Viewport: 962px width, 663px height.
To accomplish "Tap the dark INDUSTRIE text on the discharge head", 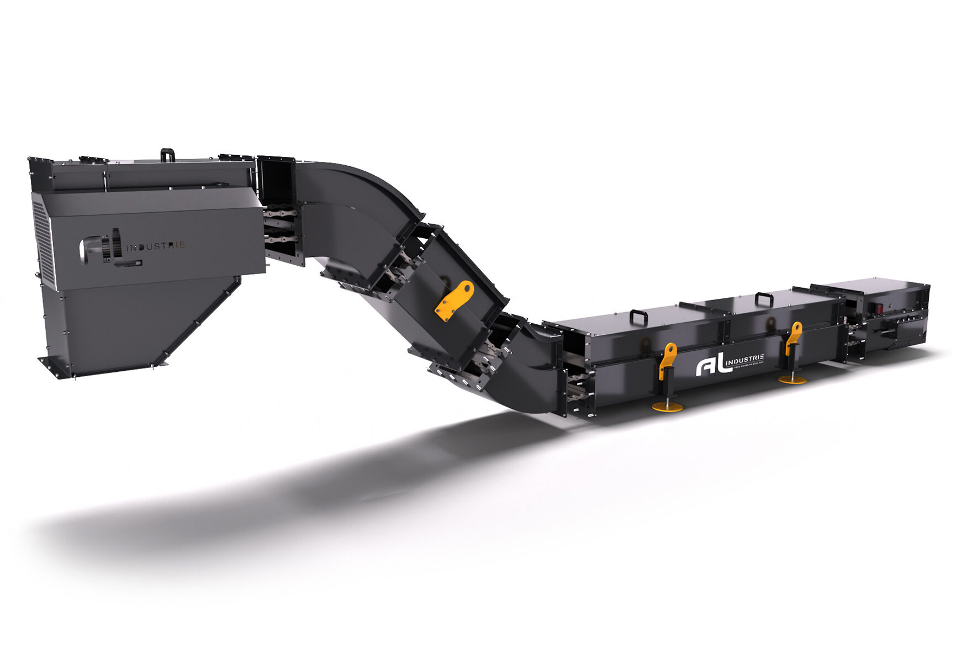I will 156,246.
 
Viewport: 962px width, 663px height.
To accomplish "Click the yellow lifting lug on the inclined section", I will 454,301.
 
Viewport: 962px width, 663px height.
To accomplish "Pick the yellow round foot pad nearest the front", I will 667,407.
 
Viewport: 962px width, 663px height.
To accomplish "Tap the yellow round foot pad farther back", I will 792,380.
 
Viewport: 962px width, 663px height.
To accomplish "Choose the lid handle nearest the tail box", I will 764,299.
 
